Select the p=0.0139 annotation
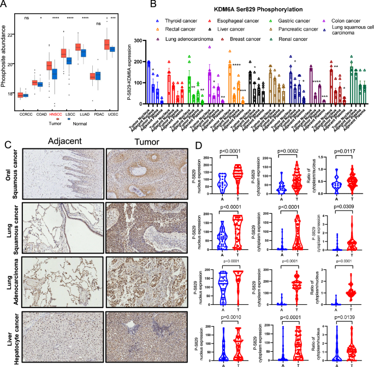click(344, 316)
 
